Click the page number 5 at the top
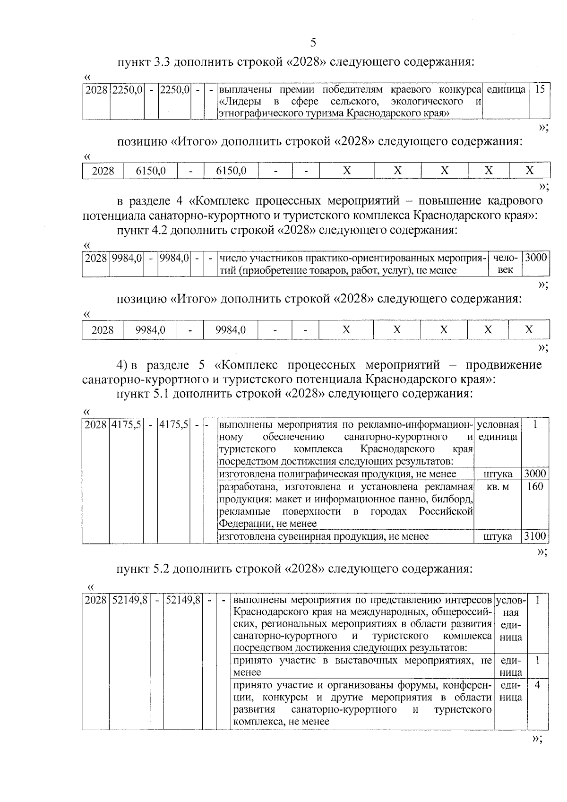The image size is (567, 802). (x=313, y=43)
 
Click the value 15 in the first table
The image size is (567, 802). (x=540, y=89)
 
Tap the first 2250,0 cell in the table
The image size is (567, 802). (x=127, y=89)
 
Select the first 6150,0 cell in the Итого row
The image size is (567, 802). (x=150, y=171)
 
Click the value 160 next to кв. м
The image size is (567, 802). (x=535, y=486)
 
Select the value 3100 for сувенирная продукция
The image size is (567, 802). (x=535, y=536)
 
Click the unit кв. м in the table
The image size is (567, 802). (x=498, y=487)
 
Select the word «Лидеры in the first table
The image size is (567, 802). (x=237, y=102)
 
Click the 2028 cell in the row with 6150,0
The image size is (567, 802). (x=103, y=171)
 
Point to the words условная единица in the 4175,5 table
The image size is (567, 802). (x=498, y=431)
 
